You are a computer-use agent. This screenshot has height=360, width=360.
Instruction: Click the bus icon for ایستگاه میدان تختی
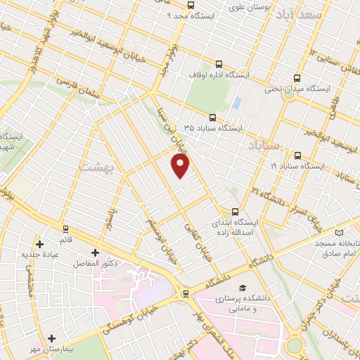tap(297, 79)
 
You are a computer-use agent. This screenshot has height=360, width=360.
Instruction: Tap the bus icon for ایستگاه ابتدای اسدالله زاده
tap(235, 210)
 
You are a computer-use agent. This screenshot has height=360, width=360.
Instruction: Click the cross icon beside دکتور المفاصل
tap(95, 252)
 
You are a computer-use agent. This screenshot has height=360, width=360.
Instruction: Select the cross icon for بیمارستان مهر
tap(51, 339)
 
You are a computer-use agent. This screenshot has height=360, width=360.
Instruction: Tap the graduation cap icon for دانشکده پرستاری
tap(242, 288)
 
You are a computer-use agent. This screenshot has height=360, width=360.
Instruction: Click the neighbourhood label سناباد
tap(264, 145)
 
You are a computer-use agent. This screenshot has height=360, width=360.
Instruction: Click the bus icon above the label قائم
tap(66, 229)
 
